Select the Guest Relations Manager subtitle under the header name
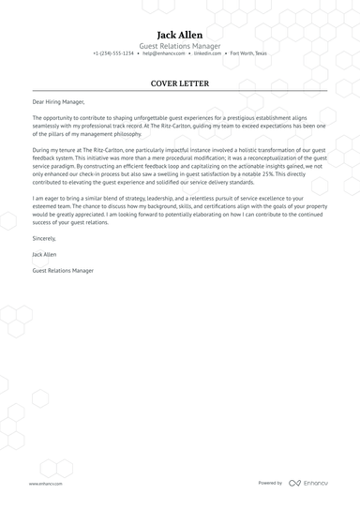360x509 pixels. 180,45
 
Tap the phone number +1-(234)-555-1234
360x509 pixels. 113,53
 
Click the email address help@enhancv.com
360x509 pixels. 160,53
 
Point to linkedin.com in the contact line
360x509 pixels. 207,53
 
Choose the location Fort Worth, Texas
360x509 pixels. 248,53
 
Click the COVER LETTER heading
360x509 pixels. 180,83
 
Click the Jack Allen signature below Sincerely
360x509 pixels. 44,254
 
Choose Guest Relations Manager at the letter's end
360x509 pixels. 63,270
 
